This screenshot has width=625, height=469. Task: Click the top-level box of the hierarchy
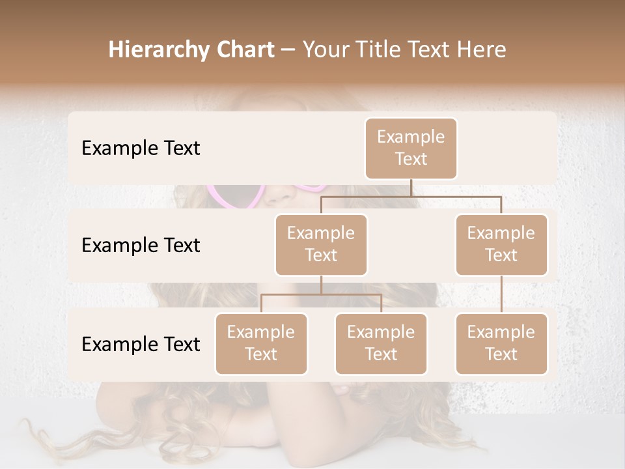411,148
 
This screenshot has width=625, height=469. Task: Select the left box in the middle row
321,244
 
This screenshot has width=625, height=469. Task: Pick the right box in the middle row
501,244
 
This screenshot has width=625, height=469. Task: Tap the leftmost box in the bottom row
261,343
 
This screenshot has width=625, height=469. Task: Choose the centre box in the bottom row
381,343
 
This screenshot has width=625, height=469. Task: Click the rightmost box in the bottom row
501,343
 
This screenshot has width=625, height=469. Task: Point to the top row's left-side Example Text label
141,148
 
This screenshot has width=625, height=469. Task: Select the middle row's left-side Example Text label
141,245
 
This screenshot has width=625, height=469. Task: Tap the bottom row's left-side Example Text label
141,344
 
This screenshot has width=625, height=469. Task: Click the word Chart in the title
245,50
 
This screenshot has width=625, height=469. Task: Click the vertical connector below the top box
411,188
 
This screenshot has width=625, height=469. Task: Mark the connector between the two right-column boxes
501,294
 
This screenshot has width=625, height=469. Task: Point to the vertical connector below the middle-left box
321,285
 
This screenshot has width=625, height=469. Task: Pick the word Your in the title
326,50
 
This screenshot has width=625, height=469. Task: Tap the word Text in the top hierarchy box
411,159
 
